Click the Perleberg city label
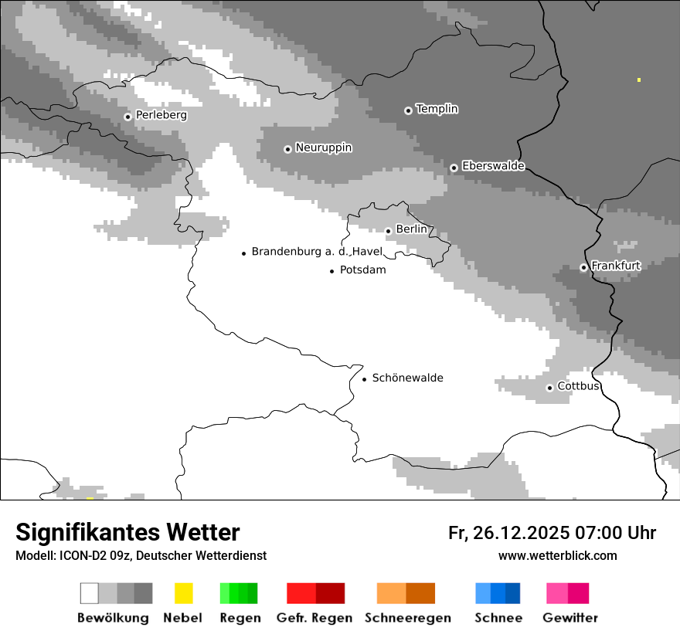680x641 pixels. click(161, 115)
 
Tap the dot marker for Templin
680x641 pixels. click(408, 110)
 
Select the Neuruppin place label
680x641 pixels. click(323, 148)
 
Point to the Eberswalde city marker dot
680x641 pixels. click(454, 168)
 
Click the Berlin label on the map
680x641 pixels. click(411, 229)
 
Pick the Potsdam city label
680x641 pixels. click(362, 270)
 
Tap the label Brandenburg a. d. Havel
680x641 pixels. click(317, 252)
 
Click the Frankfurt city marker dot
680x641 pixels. click(583, 268)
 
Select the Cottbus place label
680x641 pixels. click(578, 386)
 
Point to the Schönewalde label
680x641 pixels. click(407, 378)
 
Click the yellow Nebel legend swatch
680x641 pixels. click(183, 593)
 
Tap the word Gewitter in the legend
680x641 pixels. click(569, 618)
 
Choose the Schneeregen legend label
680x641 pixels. click(407, 618)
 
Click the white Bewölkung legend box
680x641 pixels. click(90, 593)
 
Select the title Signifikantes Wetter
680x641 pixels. click(127, 532)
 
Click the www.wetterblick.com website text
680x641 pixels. click(557, 555)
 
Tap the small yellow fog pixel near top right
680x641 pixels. click(639, 80)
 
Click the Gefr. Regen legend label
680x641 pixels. click(314, 618)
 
